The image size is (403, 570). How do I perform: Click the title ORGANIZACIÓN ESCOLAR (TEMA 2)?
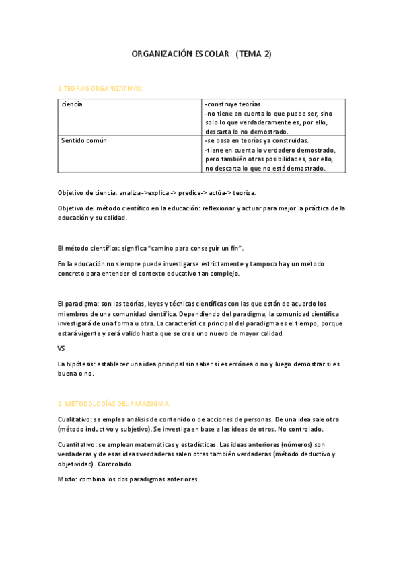[x=201, y=54]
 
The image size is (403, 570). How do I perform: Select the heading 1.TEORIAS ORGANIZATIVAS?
[x=100, y=88]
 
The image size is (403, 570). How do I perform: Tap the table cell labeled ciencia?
[x=72, y=106]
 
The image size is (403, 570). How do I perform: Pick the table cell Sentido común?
[x=83, y=141]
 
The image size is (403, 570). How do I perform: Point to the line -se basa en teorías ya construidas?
[x=256, y=141]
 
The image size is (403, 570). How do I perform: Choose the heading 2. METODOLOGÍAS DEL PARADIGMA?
[x=114, y=403]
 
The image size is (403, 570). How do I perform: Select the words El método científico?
[x=91, y=248]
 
